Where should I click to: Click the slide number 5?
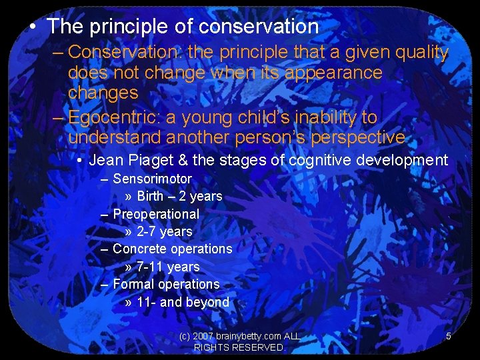click(x=449, y=337)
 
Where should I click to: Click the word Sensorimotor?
click(x=152, y=179)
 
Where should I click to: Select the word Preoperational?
click(x=156, y=214)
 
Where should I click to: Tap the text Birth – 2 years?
click(x=179, y=197)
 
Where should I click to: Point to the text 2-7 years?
click(x=165, y=232)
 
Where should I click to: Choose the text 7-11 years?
click(x=168, y=267)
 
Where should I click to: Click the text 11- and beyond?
click(x=183, y=302)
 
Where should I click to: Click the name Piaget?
click(x=146, y=160)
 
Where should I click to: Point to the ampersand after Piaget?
click(x=178, y=160)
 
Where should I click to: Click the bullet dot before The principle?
click(x=32, y=27)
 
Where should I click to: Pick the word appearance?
click(x=333, y=72)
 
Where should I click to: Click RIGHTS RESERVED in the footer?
click(x=239, y=348)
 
